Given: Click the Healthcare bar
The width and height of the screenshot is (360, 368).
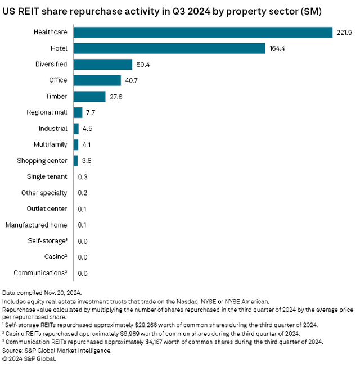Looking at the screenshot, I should pyautogui.click(x=202, y=33).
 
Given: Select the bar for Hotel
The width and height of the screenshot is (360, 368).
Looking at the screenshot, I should pyautogui.click(x=169, y=49).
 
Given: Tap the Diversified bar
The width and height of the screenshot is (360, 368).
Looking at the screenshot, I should pyautogui.click(x=102, y=65).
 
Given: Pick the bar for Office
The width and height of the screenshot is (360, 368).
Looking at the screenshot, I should pyautogui.click(x=97, y=81).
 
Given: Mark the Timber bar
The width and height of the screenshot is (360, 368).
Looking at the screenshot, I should pyautogui.click(x=89, y=97).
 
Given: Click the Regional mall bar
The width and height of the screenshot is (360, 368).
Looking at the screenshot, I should pyautogui.click(x=78, y=112).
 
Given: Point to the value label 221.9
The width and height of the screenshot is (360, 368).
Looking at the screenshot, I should pyautogui.click(x=344, y=33).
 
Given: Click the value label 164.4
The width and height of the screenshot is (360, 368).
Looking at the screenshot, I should pyautogui.click(x=276, y=49).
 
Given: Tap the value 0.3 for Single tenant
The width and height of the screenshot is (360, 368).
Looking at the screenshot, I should pyautogui.click(x=82, y=177).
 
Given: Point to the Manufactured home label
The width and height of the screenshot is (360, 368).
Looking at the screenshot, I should pyautogui.click(x=36, y=225).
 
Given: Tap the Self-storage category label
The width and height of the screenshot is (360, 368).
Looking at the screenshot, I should pyautogui.click(x=47, y=241).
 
